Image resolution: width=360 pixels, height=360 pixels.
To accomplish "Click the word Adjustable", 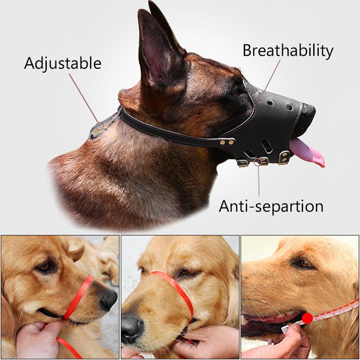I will pos(63,63).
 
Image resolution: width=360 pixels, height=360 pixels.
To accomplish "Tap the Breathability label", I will pos(288,51).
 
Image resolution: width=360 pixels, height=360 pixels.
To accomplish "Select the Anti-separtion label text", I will pos(271,206).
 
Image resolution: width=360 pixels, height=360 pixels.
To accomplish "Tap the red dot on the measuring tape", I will pos(307,318).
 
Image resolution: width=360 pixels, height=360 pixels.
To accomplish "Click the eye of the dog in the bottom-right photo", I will pos(304,263).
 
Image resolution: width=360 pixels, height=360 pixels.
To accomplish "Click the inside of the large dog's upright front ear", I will pos(155,58).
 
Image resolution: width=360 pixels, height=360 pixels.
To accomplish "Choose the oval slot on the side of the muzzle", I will pos(267,147).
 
